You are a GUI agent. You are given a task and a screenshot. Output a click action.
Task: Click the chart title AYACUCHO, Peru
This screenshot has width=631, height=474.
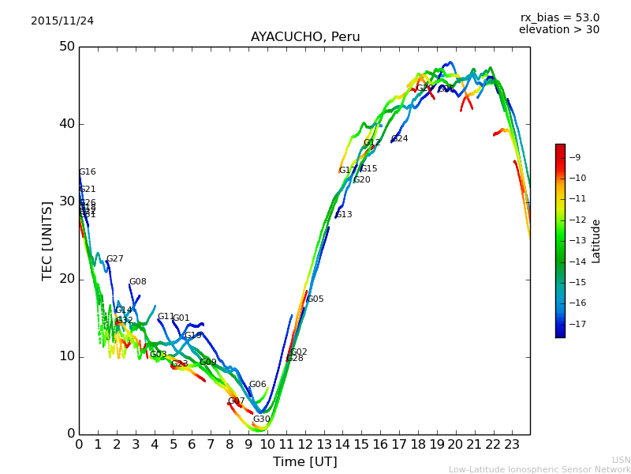[x=304, y=37]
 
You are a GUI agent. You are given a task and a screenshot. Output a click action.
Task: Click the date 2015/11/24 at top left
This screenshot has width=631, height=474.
[x=62, y=21]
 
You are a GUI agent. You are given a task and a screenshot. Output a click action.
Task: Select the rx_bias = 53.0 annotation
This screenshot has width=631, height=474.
[x=559, y=17]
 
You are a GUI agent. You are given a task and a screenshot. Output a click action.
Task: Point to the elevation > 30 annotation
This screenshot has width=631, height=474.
[x=559, y=30]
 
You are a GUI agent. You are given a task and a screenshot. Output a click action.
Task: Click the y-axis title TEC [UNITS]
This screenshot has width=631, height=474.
[x=48, y=240]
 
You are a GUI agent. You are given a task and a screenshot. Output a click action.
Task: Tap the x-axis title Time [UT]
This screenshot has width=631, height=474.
[x=304, y=461]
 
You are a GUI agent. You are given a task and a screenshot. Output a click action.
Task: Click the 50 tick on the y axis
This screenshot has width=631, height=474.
[x=66, y=47]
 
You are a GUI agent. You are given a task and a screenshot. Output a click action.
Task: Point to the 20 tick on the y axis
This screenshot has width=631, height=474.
[x=66, y=279]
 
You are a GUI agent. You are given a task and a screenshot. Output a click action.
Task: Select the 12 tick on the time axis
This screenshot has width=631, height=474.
[x=305, y=444]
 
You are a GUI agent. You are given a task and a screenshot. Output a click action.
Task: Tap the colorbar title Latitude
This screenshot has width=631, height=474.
[x=596, y=241]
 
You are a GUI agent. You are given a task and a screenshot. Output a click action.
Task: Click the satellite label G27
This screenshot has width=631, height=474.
[x=115, y=259]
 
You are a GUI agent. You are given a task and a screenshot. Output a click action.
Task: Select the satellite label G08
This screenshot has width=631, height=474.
[x=138, y=282]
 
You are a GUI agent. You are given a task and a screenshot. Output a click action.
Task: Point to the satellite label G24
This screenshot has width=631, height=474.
[x=400, y=139]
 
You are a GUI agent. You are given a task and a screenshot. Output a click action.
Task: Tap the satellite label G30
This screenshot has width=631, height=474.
[x=262, y=419]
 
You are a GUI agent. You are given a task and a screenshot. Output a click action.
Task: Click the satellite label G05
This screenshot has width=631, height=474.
[x=315, y=299]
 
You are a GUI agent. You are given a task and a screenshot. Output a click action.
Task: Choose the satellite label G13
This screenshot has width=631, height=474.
[x=344, y=215]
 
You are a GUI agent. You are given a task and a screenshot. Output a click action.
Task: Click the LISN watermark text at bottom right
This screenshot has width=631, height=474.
[x=621, y=460]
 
